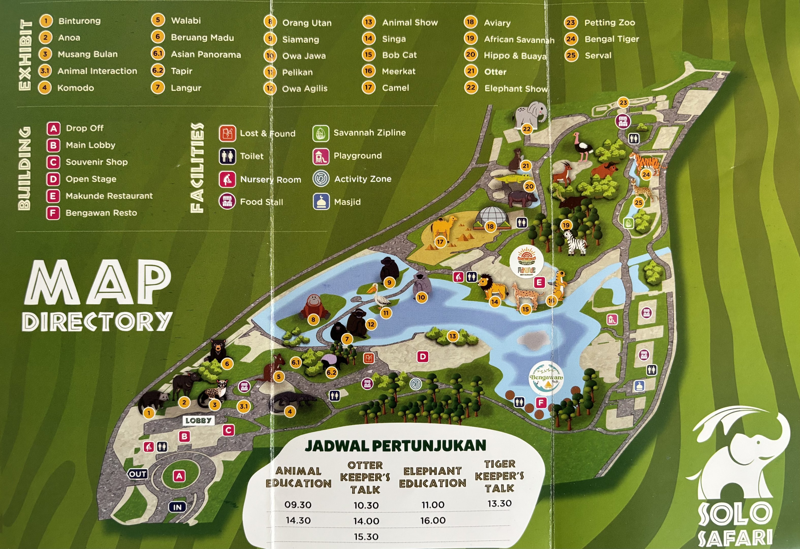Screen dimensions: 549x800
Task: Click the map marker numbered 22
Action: (527, 129)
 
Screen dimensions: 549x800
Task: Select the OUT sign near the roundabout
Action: (138, 474)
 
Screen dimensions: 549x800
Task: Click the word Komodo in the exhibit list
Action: (76, 88)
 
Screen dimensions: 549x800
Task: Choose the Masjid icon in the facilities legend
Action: (321, 202)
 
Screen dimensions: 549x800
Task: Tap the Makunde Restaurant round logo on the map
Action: (526, 261)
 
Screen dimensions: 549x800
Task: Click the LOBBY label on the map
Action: (198, 421)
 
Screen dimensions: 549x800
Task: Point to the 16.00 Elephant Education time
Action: (433, 521)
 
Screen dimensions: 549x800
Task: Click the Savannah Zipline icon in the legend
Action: (321, 133)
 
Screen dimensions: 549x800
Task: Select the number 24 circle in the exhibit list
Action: (571, 39)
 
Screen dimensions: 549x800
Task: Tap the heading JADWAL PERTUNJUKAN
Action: (395, 446)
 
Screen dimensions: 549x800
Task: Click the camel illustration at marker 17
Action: (443, 227)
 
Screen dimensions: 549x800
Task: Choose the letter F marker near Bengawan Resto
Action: (541, 402)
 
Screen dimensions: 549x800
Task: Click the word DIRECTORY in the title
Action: (97, 322)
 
